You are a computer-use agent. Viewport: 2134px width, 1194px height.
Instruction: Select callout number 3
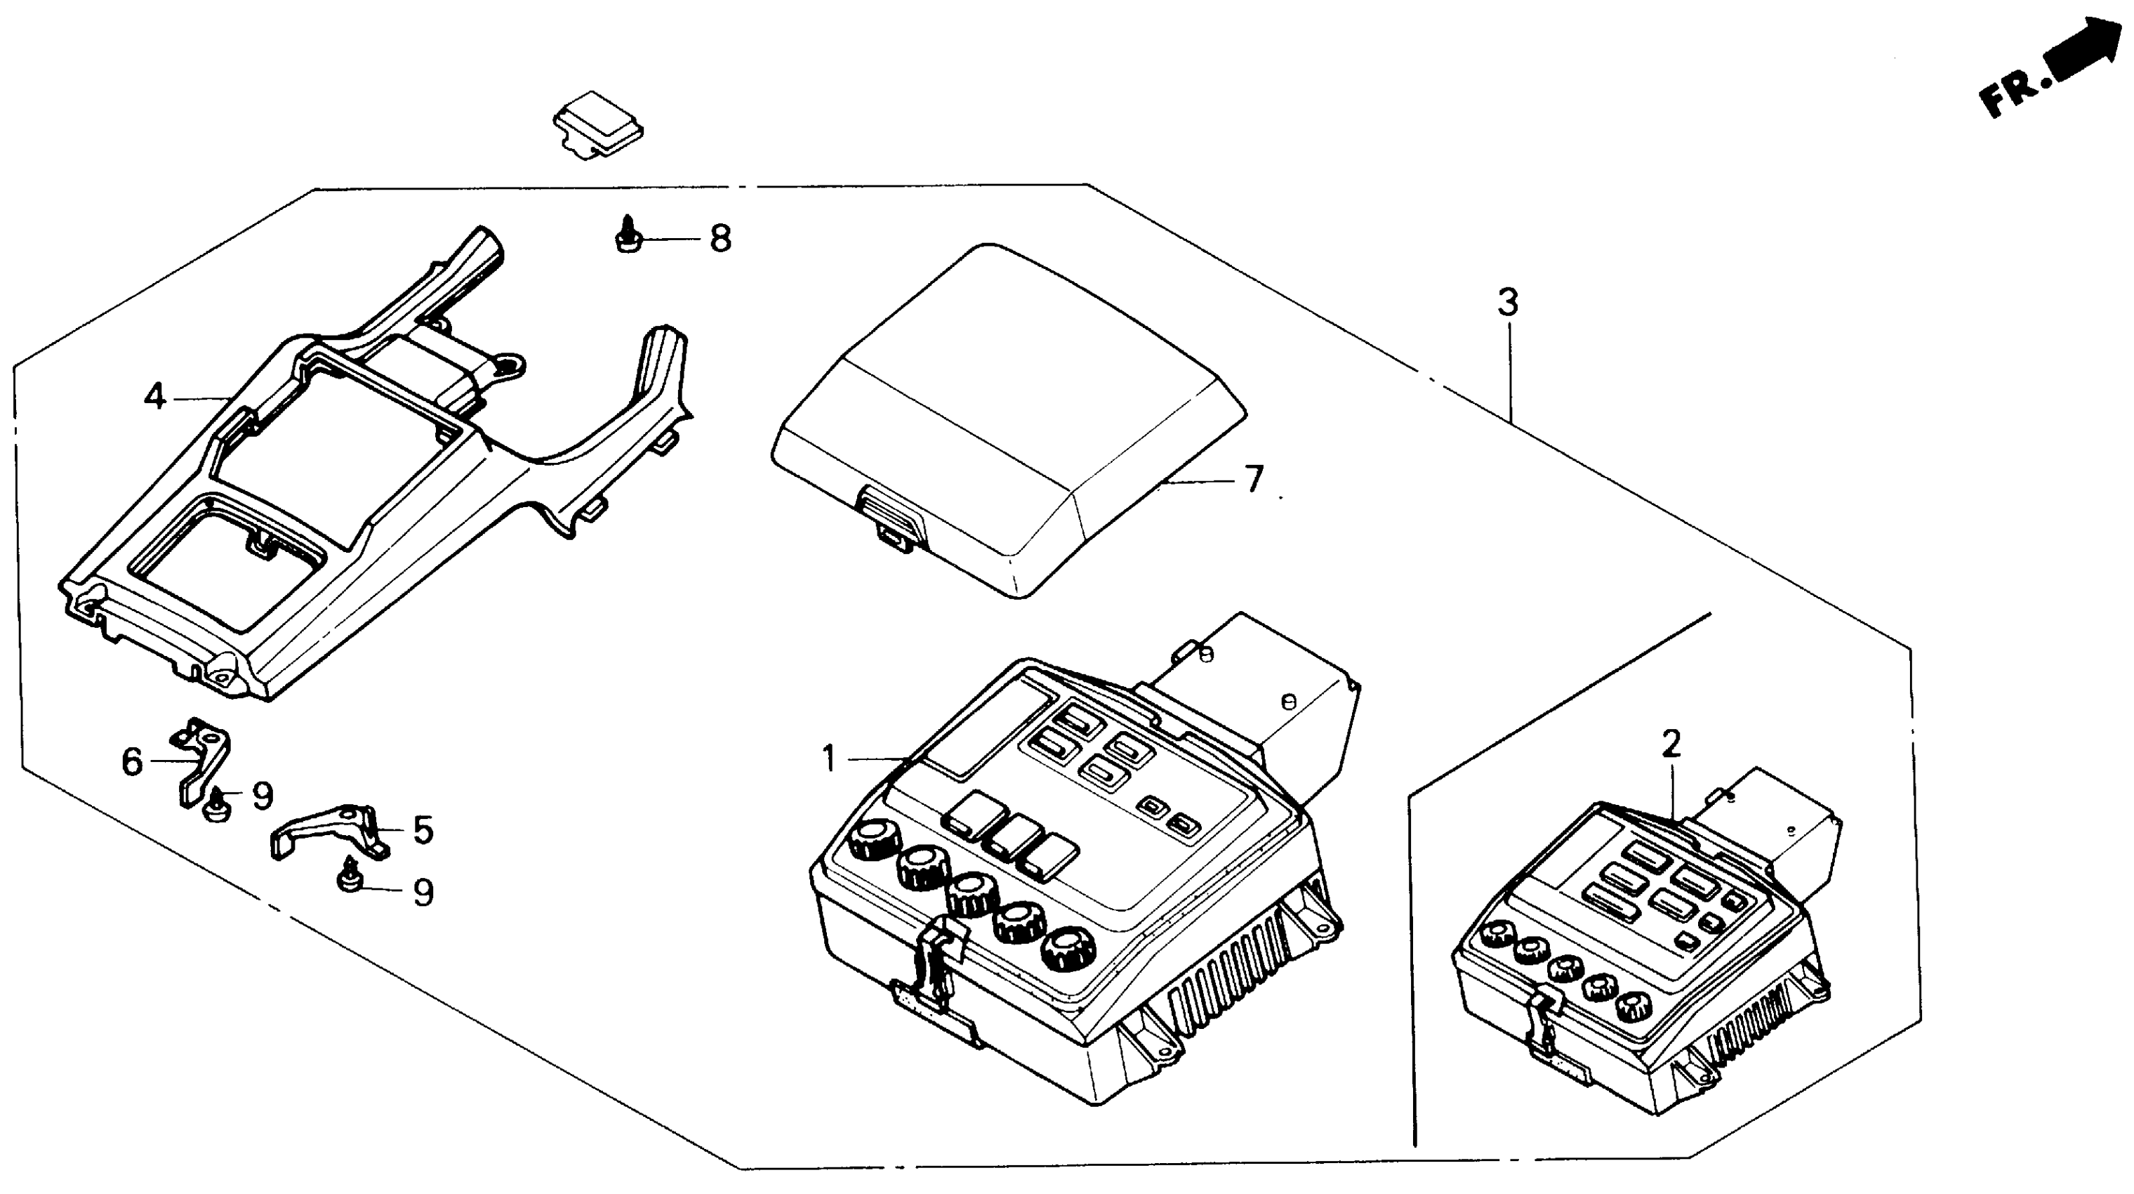click(x=1508, y=303)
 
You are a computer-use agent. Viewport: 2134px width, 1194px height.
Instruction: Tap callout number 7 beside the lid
click(x=1254, y=479)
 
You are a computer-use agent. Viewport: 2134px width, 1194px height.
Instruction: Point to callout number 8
click(x=721, y=240)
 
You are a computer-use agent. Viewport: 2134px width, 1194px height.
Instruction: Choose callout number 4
click(x=154, y=397)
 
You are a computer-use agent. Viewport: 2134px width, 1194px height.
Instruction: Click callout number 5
click(x=423, y=829)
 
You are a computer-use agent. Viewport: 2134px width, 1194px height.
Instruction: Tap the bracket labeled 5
click(x=327, y=833)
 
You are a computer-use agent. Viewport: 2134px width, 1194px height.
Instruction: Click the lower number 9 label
click(x=423, y=893)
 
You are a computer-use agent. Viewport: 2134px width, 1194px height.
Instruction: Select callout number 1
click(x=829, y=758)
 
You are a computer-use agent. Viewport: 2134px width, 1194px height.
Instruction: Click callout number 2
click(x=1671, y=744)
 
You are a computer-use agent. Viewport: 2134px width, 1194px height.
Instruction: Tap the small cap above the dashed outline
click(x=599, y=124)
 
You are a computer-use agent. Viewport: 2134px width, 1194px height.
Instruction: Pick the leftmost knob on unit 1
click(x=873, y=839)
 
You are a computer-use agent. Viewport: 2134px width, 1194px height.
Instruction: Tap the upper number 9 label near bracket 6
click(x=262, y=796)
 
